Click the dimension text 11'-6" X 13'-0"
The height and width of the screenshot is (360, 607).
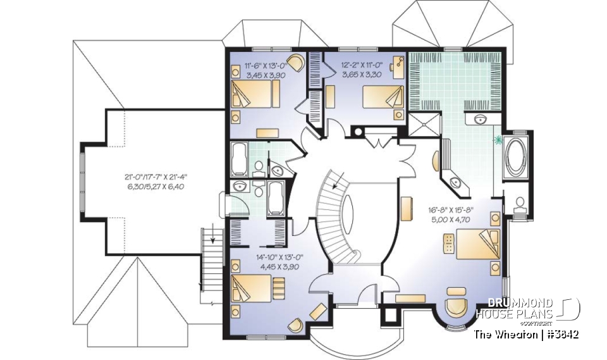(x=266, y=65)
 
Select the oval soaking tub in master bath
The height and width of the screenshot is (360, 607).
(x=516, y=156)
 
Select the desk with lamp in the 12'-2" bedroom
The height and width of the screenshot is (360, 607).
(x=398, y=66)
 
